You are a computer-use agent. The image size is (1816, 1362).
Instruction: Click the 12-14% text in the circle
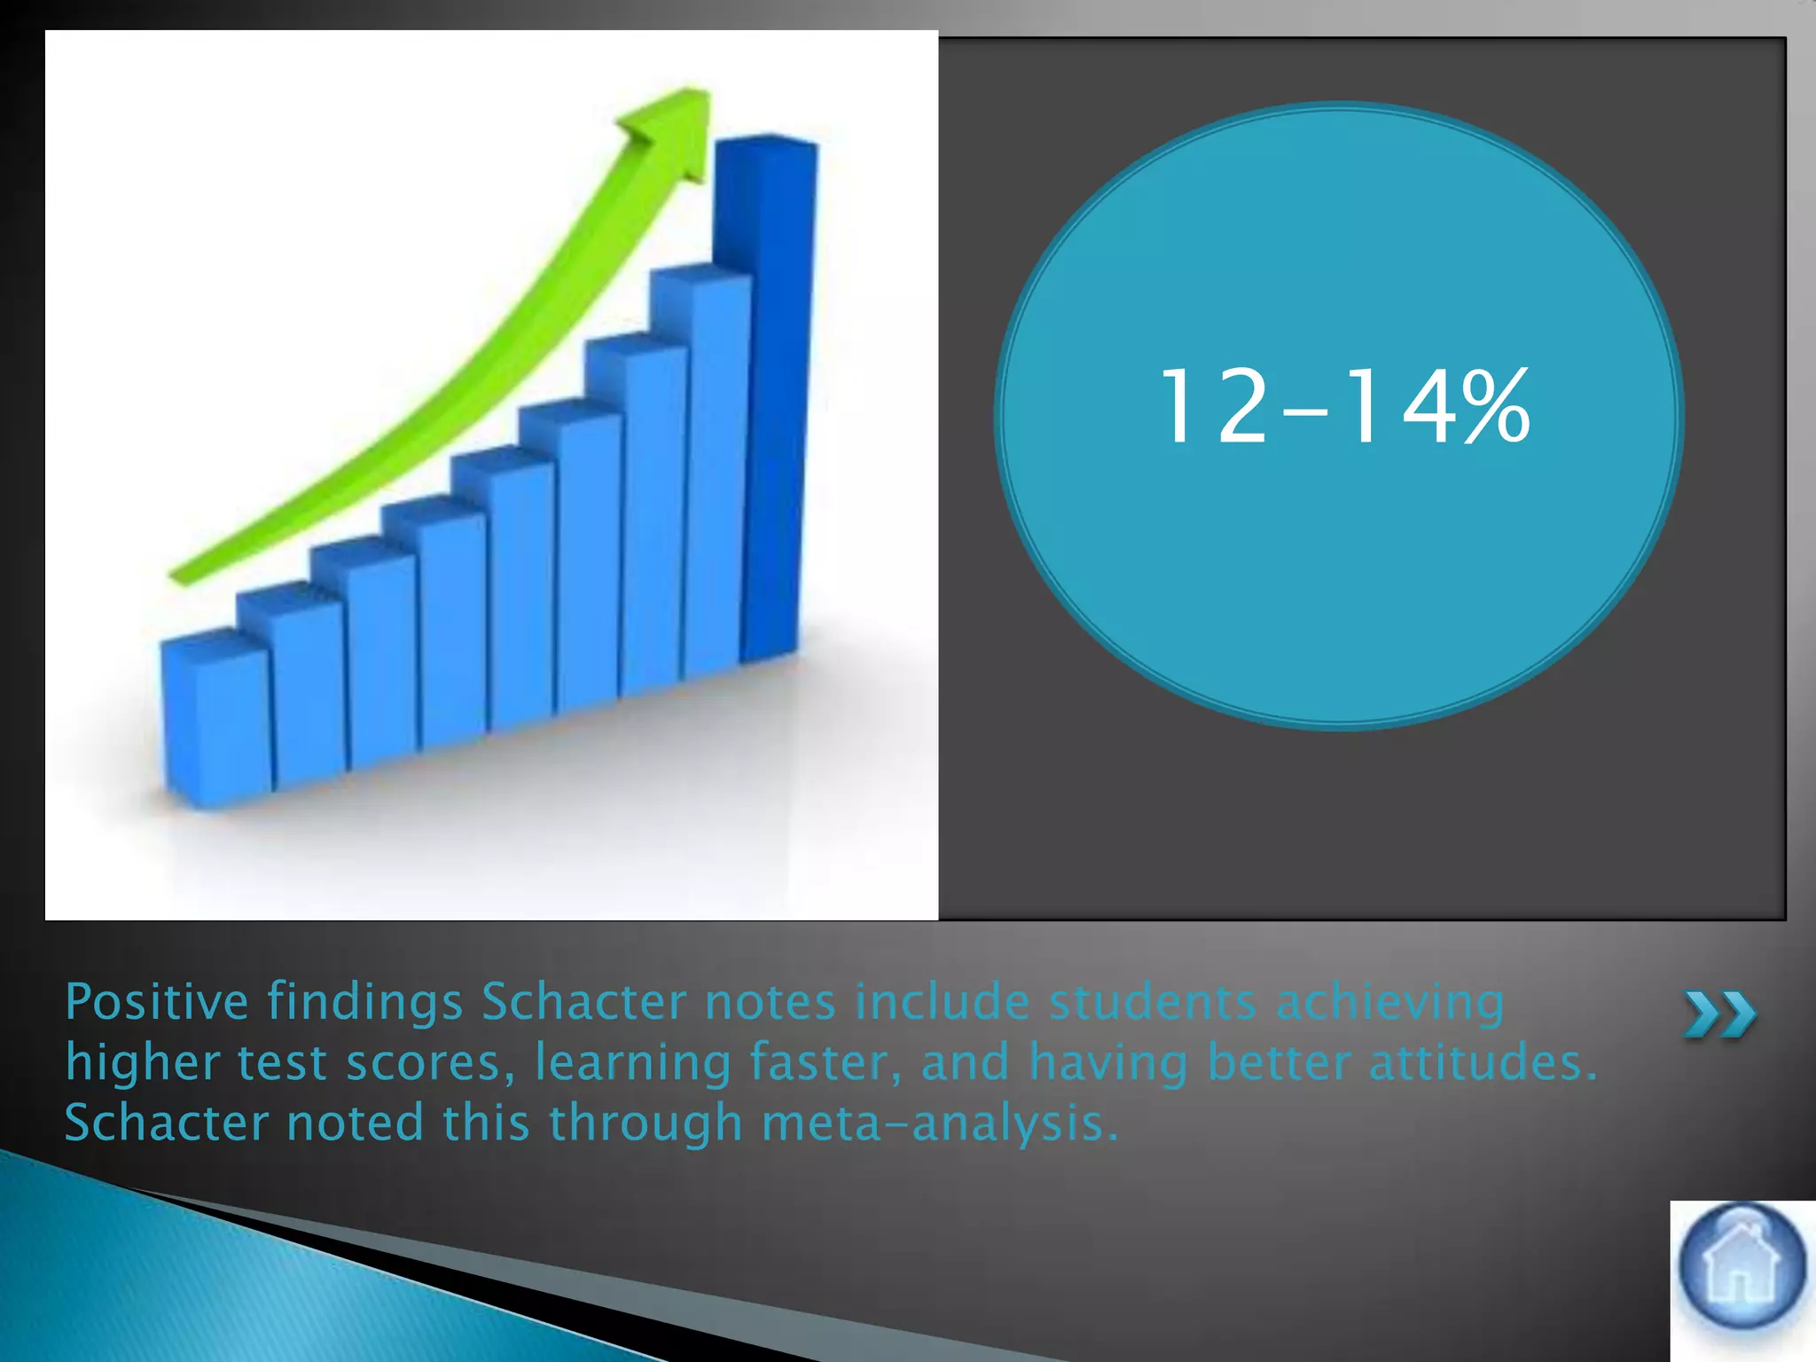[1342, 407]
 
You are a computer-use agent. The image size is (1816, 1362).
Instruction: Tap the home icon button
[1742, 1267]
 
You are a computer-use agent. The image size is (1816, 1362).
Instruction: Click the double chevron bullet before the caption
[1719, 1014]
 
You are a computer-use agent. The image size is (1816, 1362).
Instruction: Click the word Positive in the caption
[157, 1003]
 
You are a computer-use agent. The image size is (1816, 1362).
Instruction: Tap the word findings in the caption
[364, 1003]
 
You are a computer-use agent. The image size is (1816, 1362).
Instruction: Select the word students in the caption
[1152, 1003]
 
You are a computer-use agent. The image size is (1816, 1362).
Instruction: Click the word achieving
[1389, 1003]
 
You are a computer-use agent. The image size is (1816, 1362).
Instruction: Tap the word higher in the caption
[142, 1063]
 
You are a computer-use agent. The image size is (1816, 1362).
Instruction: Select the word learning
[632, 1063]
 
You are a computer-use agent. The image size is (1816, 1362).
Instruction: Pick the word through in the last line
[645, 1123]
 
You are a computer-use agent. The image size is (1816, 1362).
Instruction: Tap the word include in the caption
[942, 1003]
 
